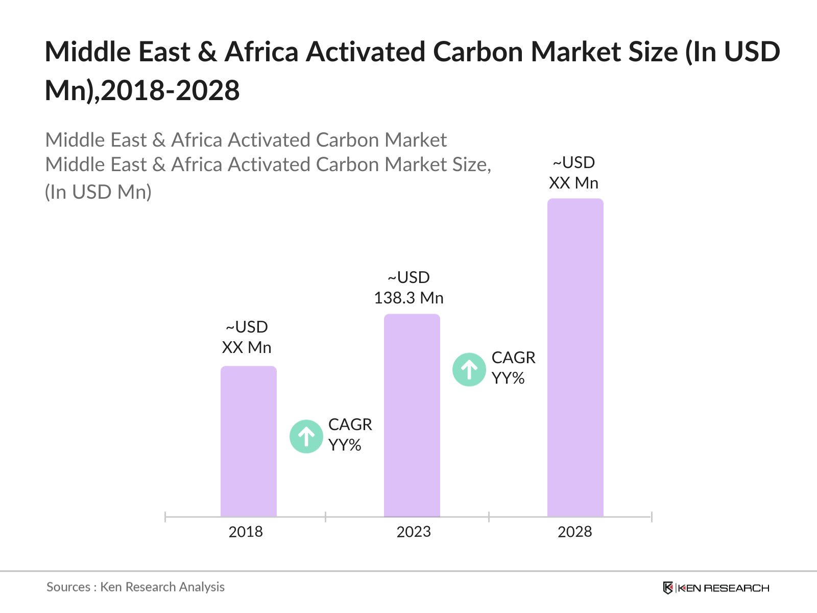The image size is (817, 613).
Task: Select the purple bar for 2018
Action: [248, 441]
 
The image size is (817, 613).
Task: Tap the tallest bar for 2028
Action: [575, 358]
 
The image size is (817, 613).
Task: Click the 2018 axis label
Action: [246, 532]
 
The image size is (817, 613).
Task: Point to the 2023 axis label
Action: [414, 532]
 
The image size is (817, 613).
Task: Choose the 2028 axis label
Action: [574, 532]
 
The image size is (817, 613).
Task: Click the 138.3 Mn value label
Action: [408, 298]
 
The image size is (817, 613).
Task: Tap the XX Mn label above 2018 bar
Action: [247, 347]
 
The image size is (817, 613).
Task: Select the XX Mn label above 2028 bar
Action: [573, 183]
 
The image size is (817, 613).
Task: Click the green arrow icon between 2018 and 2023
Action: [306, 436]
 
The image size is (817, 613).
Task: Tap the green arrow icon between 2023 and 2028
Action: [469, 369]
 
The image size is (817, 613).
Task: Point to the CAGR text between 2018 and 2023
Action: [350, 425]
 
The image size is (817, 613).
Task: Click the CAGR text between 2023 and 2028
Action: [513, 358]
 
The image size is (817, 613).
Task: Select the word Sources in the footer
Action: [68, 587]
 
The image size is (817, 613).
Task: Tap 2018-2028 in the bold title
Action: [171, 91]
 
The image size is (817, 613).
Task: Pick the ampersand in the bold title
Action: [207, 52]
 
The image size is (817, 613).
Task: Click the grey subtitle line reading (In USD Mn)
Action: [98, 192]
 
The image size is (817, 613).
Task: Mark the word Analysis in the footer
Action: [202, 587]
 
